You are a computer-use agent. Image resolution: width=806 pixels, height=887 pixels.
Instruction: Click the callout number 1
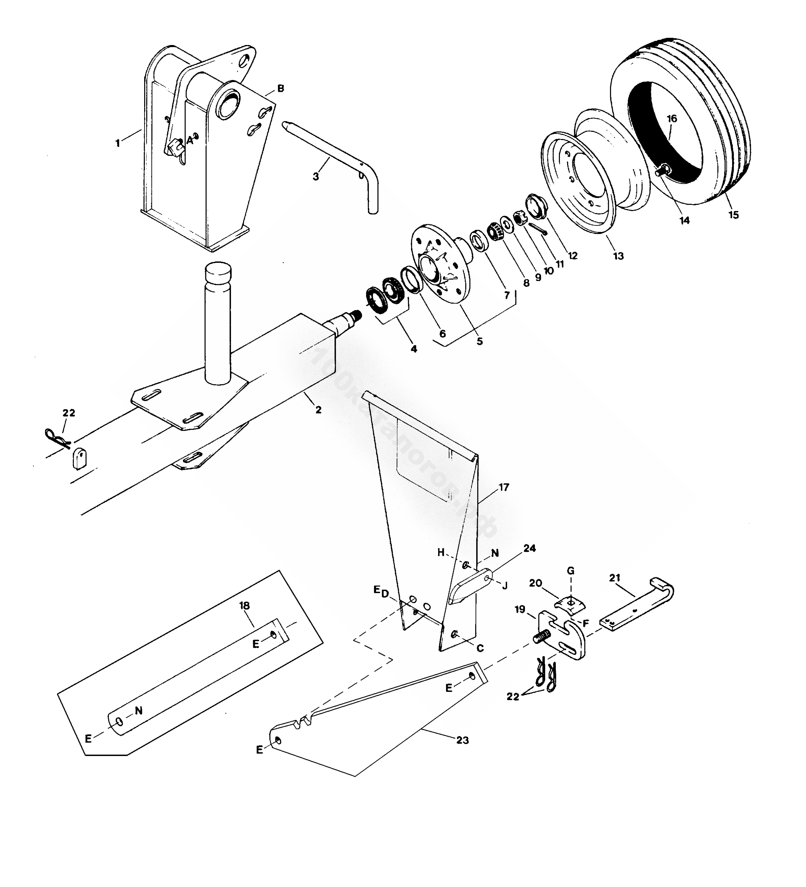[117, 143]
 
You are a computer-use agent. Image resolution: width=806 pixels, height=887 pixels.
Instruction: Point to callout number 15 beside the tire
[733, 215]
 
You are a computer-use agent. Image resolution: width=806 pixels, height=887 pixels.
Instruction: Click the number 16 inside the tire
[672, 119]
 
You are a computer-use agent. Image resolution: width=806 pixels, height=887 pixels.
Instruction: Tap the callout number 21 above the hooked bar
[615, 578]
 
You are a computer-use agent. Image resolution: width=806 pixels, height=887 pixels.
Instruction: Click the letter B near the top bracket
[281, 89]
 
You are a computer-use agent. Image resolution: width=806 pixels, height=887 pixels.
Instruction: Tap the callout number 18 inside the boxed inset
[244, 606]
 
